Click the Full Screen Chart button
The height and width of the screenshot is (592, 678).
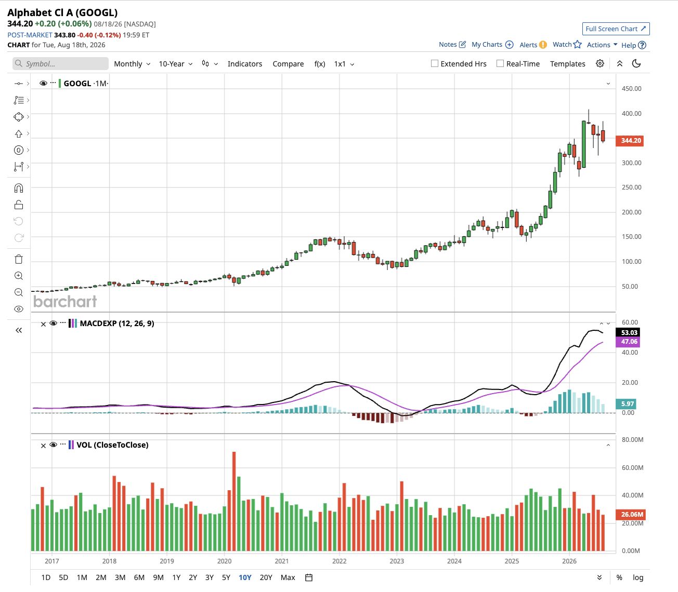coord(616,29)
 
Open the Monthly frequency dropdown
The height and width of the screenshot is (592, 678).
coord(132,64)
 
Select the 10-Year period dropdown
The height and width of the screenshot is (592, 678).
coord(175,64)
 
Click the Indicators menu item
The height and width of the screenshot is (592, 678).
coord(244,64)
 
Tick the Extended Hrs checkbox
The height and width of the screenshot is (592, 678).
coord(435,63)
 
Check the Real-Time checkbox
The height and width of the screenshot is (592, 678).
coord(500,63)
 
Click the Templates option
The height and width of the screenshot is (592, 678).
coord(567,64)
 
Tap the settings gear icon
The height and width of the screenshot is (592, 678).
coord(600,63)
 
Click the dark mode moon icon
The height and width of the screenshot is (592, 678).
coord(636,63)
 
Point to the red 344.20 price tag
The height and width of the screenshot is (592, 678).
coord(629,141)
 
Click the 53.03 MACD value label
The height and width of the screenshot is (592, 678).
coord(628,332)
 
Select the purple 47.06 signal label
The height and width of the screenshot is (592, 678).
coord(628,342)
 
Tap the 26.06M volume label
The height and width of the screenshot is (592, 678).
coord(629,515)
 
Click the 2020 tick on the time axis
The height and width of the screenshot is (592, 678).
coord(224,561)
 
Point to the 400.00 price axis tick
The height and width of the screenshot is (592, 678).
coord(631,114)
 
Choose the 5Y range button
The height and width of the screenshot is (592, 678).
coord(226,577)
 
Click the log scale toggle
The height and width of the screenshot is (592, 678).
coord(638,577)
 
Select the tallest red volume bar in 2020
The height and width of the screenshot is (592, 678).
coord(234,501)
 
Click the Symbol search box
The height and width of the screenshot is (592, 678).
coord(60,64)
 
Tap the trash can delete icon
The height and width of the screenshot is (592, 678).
coord(19,259)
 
